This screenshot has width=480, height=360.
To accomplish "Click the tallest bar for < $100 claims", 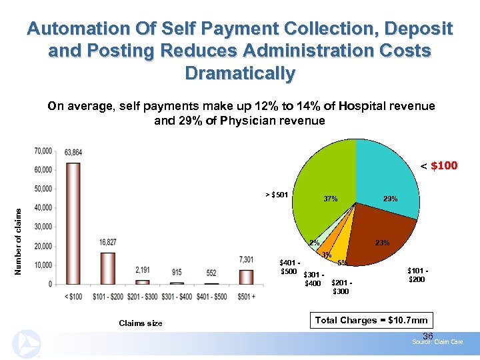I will [x=73, y=223].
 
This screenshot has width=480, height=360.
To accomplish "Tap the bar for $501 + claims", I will [x=246, y=277].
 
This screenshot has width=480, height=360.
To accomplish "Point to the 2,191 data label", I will [x=142, y=270].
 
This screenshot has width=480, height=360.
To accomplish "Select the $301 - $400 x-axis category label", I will [x=176, y=295].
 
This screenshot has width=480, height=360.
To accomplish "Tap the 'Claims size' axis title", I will [x=141, y=323].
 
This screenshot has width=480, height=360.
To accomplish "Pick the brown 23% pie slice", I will [x=380, y=237].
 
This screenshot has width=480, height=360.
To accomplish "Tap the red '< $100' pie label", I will [x=439, y=165].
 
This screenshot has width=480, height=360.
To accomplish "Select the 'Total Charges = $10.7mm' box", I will [x=371, y=320].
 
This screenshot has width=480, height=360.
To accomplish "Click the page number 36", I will [x=428, y=335].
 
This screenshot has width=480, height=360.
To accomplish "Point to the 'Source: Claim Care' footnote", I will [x=437, y=342].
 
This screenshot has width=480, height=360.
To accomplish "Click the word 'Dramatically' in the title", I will [x=240, y=73].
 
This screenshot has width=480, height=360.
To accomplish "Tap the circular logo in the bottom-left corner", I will [x=25, y=345].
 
